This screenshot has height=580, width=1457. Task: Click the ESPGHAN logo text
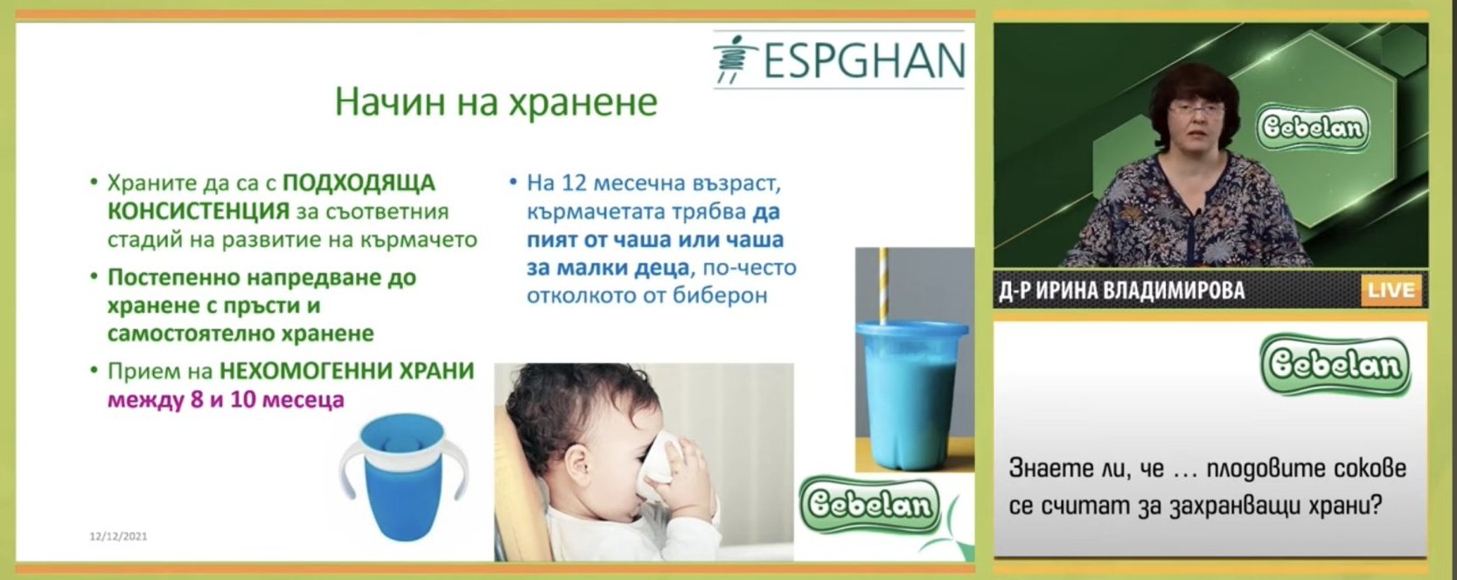(x=864, y=59)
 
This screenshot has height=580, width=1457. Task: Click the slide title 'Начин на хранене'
(x=496, y=102)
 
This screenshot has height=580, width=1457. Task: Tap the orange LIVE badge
(x=1391, y=290)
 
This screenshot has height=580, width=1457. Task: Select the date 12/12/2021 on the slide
(x=118, y=536)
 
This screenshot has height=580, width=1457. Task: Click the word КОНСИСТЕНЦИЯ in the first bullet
(x=199, y=212)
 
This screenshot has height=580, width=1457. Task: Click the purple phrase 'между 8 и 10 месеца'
(x=225, y=399)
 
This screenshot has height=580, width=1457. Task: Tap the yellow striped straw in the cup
(x=883, y=285)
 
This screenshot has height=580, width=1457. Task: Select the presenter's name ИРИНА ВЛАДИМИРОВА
(x=1140, y=290)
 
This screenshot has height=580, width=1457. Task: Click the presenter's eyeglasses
(x=1196, y=109)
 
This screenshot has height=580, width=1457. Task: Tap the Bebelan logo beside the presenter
(x=1313, y=128)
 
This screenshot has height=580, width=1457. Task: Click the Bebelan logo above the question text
(x=1335, y=365)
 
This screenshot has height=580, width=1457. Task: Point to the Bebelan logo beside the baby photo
(x=869, y=505)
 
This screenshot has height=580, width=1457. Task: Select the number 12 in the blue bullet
(x=575, y=183)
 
